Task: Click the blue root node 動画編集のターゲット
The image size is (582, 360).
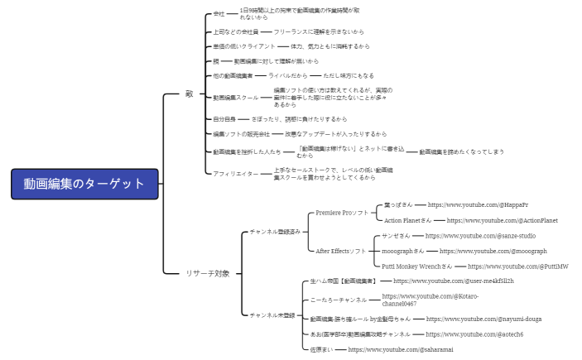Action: pos(84,184)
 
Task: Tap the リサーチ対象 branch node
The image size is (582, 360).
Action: pos(207,273)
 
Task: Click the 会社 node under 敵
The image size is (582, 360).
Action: pos(219,14)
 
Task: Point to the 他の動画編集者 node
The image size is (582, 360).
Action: pos(233,75)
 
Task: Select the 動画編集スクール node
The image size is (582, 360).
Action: pos(235,97)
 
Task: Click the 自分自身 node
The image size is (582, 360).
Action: pos(224,119)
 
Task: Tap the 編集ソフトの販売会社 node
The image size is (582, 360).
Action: pos(241,134)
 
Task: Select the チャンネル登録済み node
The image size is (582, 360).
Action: pos(275,233)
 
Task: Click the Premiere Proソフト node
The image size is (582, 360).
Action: pos(342,213)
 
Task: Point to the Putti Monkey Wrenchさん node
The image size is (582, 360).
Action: pos(417,266)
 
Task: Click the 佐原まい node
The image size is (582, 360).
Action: pos(322,350)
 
